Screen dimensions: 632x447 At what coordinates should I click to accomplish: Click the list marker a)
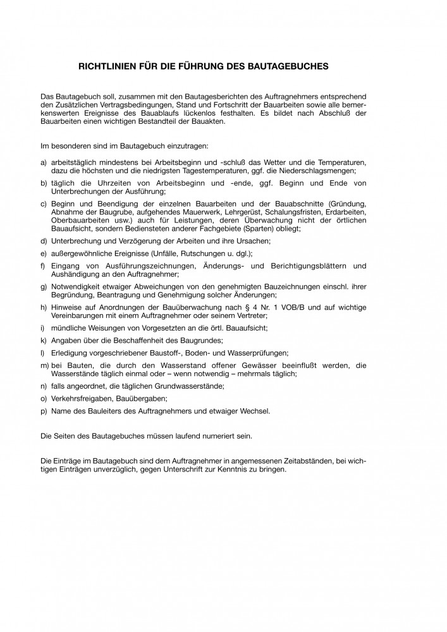pos(43,163)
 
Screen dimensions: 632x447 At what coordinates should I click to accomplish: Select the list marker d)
pos(43,241)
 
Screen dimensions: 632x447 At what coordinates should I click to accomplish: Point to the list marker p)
pos(43,411)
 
